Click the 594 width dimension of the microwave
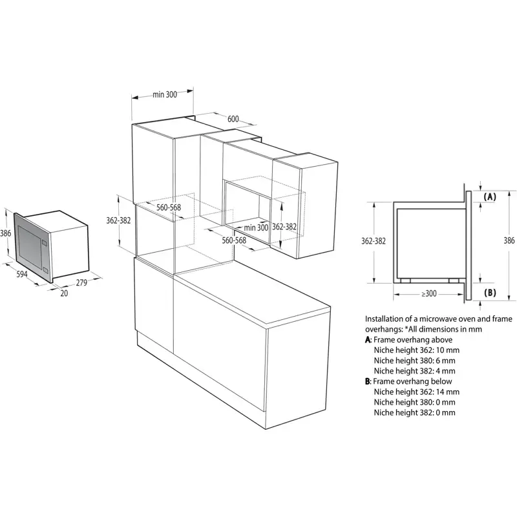(x=22, y=274)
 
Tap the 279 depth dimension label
(x=81, y=282)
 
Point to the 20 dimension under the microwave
(x=64, y=293)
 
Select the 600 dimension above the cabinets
(x=233, y=119)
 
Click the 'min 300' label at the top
(x=165, y=94)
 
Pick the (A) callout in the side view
(x=490, y=197)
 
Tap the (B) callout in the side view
(x=490, y=293)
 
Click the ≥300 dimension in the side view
(x=429, y=293)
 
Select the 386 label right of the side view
(x=509, y=240)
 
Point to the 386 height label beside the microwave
(x=6, y=233)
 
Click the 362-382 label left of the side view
(x=374, y=241)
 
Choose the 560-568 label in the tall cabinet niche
(x=169, y=207)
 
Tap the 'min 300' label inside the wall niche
(x=256, y=227)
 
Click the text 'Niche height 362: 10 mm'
(x=416, y=350)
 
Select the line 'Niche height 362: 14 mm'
(x=416, y=392)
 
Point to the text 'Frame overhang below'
(x=412, y=381)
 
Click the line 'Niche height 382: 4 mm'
(x=414, y=371)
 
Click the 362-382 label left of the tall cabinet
(x=118, y=220)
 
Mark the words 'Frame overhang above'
(x=413, y=340)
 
